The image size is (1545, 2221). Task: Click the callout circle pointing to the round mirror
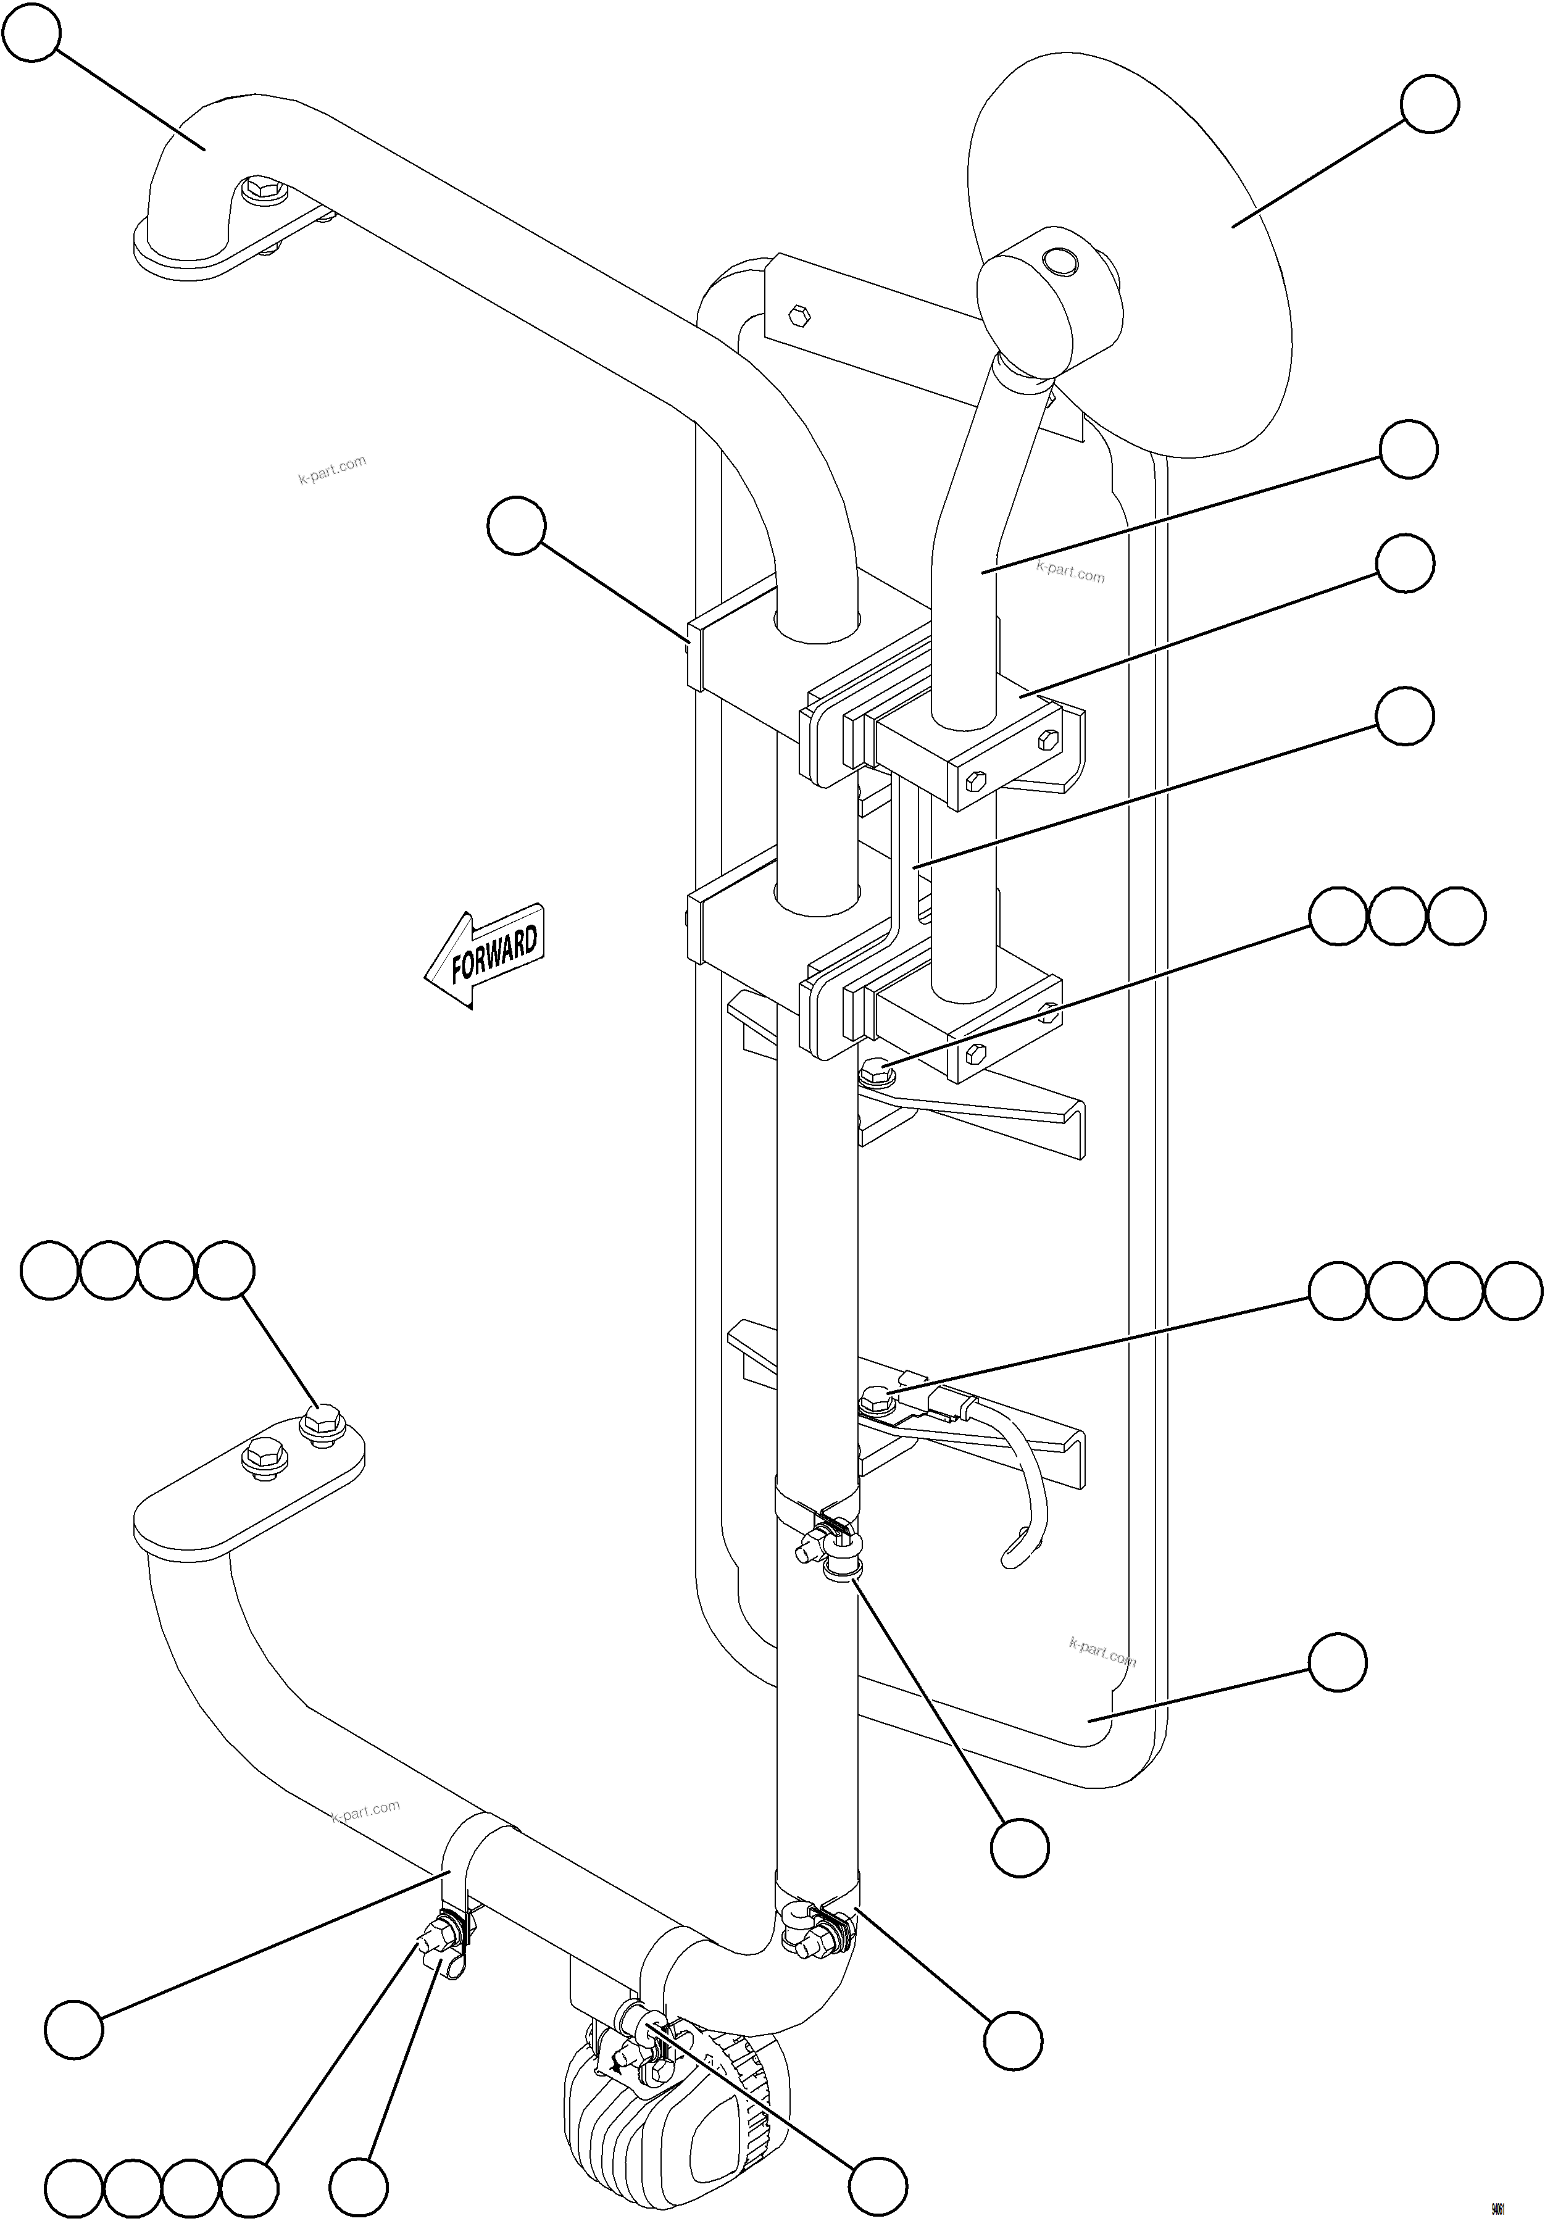(1430, 104)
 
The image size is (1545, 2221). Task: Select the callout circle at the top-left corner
(32, 32)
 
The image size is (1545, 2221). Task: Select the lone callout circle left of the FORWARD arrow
(517, 525)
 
